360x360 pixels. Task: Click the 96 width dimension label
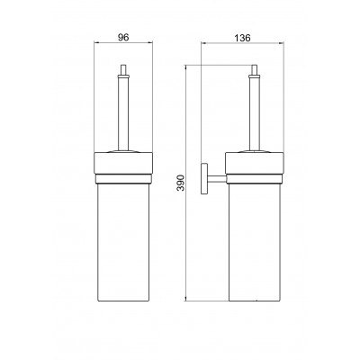coord(123,38)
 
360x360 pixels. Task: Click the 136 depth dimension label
coord(242,38)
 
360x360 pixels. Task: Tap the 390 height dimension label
coord(181,183)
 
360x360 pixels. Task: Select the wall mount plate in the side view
coord(204,178)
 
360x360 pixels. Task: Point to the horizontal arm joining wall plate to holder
coord(217,179)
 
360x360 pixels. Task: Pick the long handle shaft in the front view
coord(123,113)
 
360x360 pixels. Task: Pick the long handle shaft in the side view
coord(255,113)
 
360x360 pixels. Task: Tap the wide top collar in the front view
coord(123,163)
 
